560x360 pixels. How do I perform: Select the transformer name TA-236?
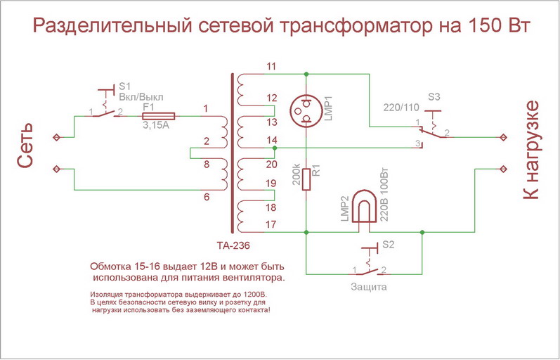[x=233, y=245]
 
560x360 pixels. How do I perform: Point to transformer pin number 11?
[x=271, y=67]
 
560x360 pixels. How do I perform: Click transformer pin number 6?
[x=206, y=198]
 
